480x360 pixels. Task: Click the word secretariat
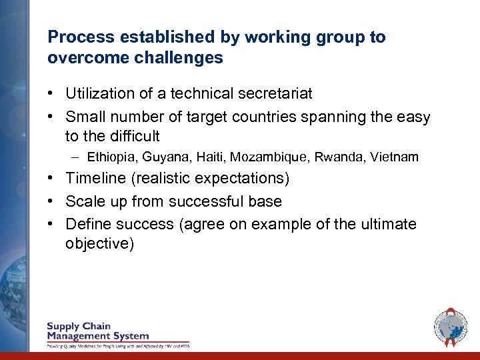click(275, 94)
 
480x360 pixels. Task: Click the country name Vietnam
click(396, 157)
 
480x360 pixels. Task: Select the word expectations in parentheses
click(246, 179)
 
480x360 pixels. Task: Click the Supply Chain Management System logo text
click(98, 331)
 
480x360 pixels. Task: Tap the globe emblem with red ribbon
click(450, 327)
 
